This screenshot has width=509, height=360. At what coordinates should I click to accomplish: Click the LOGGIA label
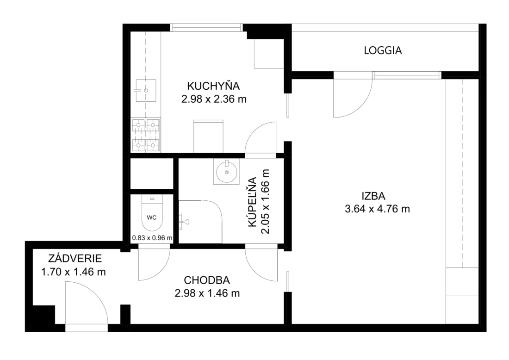coord(383,50)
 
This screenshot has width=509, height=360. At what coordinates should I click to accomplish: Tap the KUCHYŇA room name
coord(213,86)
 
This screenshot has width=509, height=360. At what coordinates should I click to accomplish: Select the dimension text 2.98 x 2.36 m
coord(214,99)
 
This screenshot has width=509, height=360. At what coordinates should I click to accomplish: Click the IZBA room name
coord(373,196)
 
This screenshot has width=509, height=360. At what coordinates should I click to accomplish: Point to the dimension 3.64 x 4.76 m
coord(377,209)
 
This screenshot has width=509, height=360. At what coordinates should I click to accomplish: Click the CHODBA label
coord(207,280)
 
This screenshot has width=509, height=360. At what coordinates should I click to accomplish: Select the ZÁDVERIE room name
coord(75,258)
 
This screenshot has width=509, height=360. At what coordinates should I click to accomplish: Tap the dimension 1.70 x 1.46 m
coord(74,271)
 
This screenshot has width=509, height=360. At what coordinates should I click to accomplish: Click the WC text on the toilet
coord(152,217)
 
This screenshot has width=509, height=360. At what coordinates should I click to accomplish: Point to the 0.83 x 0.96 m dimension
coord(152,238)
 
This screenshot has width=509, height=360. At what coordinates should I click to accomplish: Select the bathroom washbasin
coord(226,171)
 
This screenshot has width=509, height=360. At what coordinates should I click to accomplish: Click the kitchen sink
coord(146,90)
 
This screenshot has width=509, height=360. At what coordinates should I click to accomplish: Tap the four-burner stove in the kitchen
coord(146,135)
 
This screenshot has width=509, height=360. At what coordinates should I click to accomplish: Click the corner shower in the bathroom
coord(200,221)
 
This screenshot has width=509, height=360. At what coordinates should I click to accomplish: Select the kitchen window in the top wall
coord(207,28)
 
